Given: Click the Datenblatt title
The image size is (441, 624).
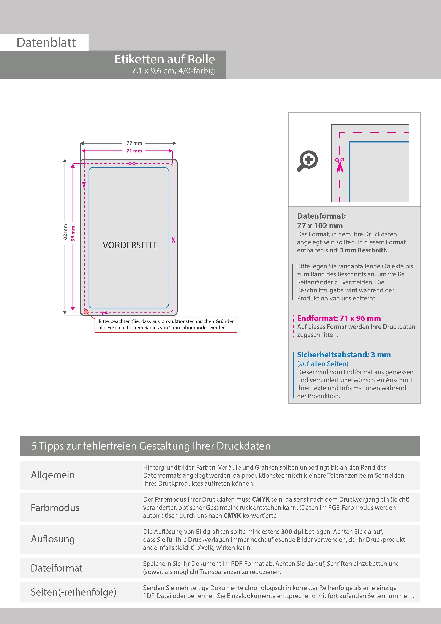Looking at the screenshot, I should [x=46, y=42].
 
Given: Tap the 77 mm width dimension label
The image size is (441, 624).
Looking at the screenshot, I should [x=134, y=143].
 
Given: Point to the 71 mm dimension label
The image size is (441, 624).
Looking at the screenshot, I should [x=134, y=151].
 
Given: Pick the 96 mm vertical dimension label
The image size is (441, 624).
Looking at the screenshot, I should [x=73, y=233].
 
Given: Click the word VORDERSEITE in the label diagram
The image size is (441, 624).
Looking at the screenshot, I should [x=130, y=245].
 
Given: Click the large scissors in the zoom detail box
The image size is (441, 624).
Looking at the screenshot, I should [x=340, y=165].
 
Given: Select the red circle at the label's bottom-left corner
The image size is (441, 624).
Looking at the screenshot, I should [x=86, y=312].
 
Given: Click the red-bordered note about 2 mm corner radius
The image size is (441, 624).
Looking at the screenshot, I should [x=166, y=324].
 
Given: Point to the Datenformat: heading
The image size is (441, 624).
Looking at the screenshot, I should [x=321, y=216].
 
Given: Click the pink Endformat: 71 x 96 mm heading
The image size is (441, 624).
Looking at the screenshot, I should [x=339, y=318].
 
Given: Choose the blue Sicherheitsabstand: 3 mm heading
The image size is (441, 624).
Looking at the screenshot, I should [x=344, y=355].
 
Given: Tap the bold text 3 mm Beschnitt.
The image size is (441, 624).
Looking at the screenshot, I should [x=364, y=250].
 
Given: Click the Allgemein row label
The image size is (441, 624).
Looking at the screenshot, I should [x=53, y=475].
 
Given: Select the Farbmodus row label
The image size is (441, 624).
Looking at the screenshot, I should [x=55, y=508].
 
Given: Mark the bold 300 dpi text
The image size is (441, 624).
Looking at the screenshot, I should [x=292, y=532].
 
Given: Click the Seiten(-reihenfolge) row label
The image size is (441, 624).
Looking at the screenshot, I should [x=73, y=592].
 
